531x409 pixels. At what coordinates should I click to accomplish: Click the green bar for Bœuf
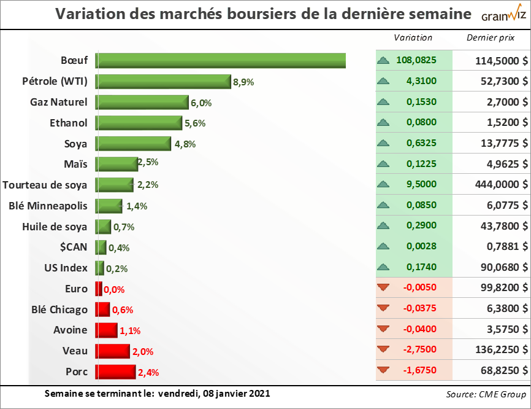(x=221, y=61)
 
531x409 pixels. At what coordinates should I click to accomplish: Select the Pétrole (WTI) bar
(x=163, y=82)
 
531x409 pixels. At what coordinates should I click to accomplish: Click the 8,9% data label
(x=243, y=82)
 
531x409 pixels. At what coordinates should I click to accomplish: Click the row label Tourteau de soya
(x=45, y=184)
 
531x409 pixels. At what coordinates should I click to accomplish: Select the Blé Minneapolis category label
(x=48, y=205)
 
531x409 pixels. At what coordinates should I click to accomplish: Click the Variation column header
(x=413, y=37)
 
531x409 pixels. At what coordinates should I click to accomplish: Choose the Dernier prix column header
(x=490, y=37)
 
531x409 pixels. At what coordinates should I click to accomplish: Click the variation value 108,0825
(x=416, y=61)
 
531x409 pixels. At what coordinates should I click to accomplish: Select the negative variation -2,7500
(x=420, y=349)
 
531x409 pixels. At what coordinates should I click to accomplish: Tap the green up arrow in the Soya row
(x=384, y=143)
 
